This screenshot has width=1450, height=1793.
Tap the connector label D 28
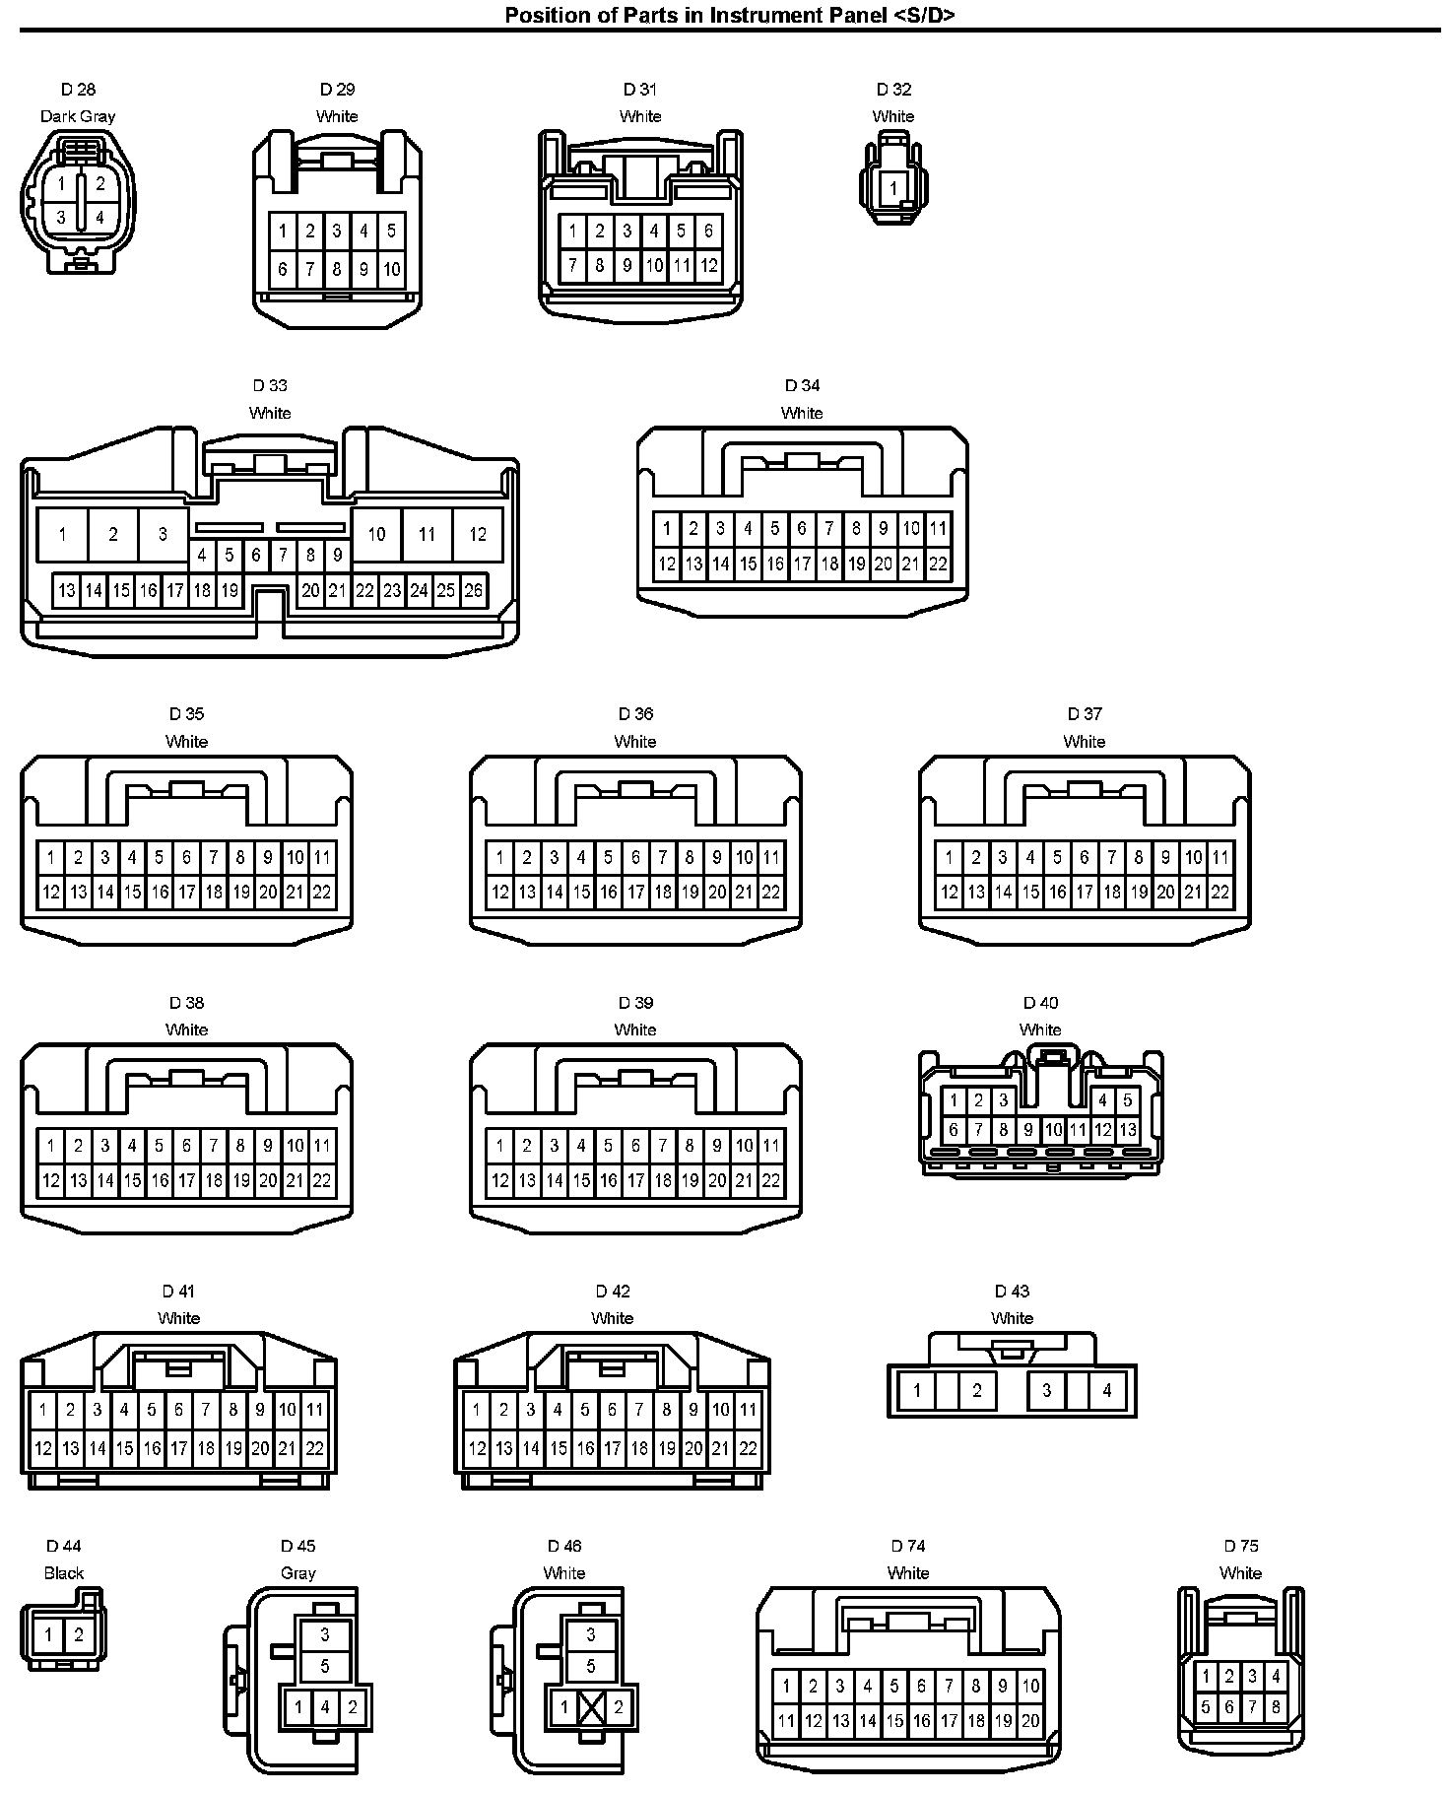(x=78, y=90)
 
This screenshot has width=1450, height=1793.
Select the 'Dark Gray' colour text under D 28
(x=78, y=116)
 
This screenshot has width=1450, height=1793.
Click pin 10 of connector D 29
(x=391, y=269)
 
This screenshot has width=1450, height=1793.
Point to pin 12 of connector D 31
(x=708, y=265)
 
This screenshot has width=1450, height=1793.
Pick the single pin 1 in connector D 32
(x=893, y=187)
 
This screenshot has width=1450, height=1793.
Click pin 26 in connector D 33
(x=473, y=591)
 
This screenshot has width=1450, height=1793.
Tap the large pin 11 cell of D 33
(x=427, y=535)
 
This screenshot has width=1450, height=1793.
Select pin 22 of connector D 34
(x=938, y=564)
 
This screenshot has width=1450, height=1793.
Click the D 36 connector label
(x=635, y=714)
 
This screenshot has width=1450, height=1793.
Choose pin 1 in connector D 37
(x=949, y=857)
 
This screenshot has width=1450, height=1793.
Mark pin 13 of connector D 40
(x=1128, y=1130)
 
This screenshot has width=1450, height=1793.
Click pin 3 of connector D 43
(x=1046, y=1391)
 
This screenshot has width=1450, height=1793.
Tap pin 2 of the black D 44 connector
(x=79, y=1635)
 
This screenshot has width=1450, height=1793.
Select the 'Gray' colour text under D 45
(x=297, y=1573)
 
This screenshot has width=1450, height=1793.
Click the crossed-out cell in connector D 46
(x=591, y=1707)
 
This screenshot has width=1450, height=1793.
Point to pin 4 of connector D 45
(x=325, y=1707)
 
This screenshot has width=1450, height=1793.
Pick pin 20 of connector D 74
(x=1030, y=1721)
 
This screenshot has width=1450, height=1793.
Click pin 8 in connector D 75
(x=1276, y=1707)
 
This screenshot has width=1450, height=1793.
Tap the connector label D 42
(x=613, y=1292)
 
